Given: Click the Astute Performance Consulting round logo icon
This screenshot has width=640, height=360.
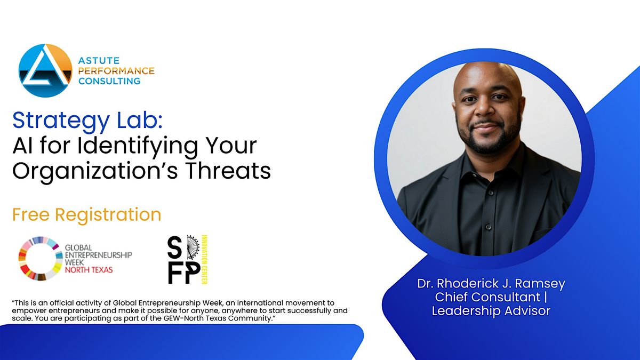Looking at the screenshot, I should click(x=45, y=70).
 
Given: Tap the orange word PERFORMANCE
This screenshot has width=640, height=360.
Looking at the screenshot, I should click(x=116, y=71).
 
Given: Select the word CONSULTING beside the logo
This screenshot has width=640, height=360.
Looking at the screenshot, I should click(x=109, y=81).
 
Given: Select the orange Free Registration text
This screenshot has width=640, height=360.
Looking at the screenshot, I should click(x=87, y=214).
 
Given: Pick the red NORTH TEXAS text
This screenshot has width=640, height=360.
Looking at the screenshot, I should click(x=88, y=270).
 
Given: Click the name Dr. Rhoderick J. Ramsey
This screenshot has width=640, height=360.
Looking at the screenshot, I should click(x=491, y=284).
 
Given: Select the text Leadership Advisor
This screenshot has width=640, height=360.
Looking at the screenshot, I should click(x=491, y=311).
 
